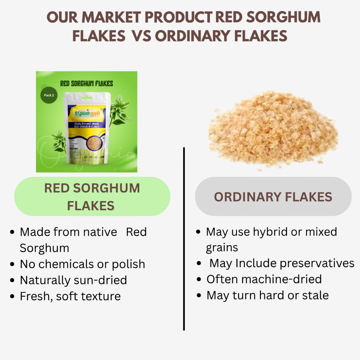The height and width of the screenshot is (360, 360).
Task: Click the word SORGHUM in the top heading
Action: (x=283, y=17)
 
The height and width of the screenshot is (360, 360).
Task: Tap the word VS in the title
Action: (x=141, y=36)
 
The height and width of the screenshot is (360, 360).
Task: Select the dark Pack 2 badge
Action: (x=49, y=95)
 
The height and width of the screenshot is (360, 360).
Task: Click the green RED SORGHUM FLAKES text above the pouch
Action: (x=86, y=84)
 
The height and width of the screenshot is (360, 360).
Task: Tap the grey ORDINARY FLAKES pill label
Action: (x=273, y=197)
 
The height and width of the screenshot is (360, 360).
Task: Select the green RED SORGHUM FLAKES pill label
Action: (x=92, y=197)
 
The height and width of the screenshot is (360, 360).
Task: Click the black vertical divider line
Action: (x=184, y=239)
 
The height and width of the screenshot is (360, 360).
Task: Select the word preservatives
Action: (x=317, y=264)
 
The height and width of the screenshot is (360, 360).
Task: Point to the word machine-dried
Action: (x=282, y=279)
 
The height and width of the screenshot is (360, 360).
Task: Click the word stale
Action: (x=316, y=296)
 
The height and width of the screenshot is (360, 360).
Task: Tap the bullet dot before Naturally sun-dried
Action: (x=12, y=280)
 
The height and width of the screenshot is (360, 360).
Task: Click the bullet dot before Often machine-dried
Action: (x=199, y=280)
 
